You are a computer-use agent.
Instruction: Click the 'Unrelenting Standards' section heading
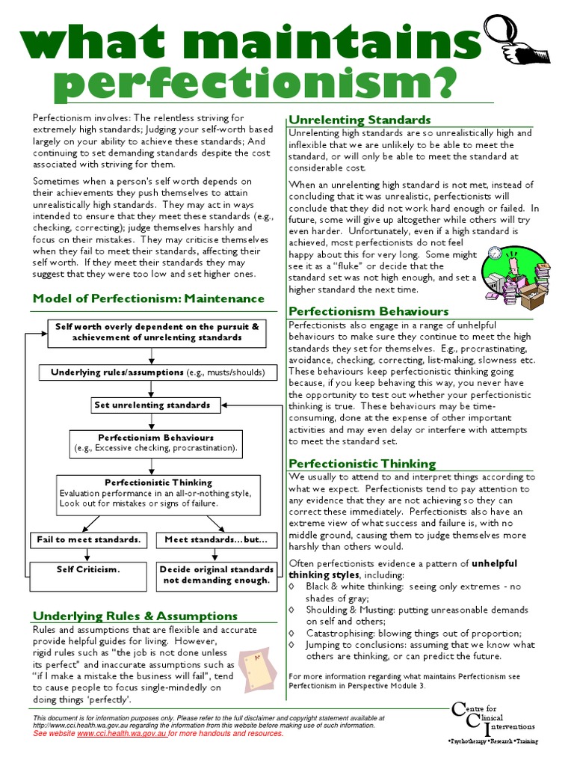point(359,120)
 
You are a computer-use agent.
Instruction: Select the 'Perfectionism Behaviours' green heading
point(368,311)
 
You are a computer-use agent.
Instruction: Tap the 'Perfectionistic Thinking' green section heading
point(362,463)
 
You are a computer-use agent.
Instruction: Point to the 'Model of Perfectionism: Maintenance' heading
point(148,298)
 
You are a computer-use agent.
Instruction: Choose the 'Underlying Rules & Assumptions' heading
point(135,616)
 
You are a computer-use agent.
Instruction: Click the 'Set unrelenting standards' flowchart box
point(152,405)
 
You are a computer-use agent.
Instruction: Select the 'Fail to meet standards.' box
point(88,539)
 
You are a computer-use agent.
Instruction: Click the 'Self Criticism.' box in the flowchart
point(88,569)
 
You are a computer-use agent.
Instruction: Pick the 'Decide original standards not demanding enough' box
point(215,574)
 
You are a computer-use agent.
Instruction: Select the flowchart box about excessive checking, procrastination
point(155,443)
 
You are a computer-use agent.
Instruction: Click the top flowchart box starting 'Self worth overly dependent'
point(157,332)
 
